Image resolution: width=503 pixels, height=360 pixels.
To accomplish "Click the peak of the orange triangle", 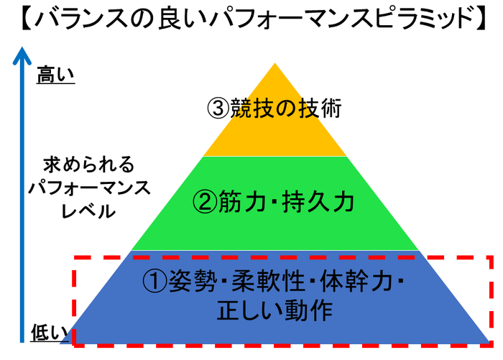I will coord(274,65).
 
